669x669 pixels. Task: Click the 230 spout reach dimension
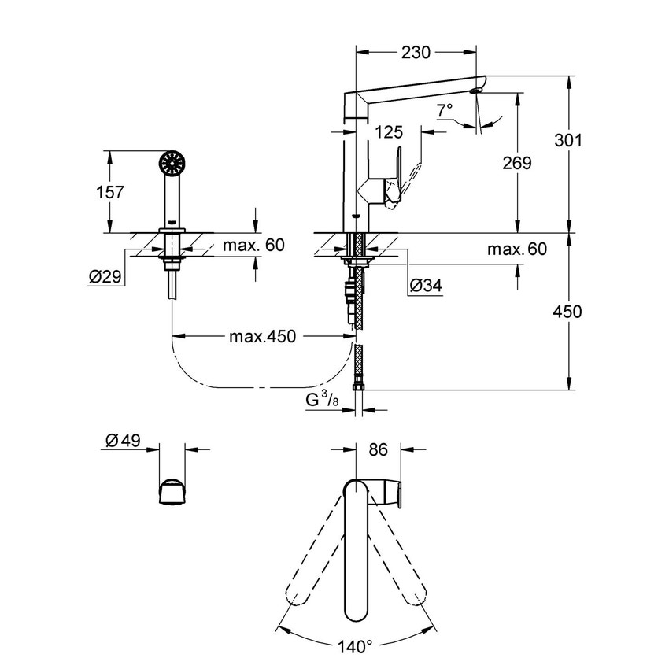point(416,53)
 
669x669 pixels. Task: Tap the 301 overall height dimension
point(568,140)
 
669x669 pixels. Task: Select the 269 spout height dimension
point(516,163)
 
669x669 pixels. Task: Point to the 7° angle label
point(444,110)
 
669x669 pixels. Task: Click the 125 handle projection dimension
point(389,132)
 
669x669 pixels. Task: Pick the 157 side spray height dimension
point(109,192)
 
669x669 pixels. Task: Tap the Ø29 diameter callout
point(105,277)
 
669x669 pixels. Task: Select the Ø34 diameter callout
point(425,285)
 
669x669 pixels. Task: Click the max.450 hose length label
point(262,337)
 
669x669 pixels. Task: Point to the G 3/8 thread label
point(322,400)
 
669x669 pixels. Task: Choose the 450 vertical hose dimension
point(567,312)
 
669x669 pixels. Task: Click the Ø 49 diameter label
point(123,440)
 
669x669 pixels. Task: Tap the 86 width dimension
point(378,449)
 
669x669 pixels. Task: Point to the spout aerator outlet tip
point(476,91)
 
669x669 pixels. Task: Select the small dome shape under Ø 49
point(172,492)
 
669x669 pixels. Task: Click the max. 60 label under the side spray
point(253,245)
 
